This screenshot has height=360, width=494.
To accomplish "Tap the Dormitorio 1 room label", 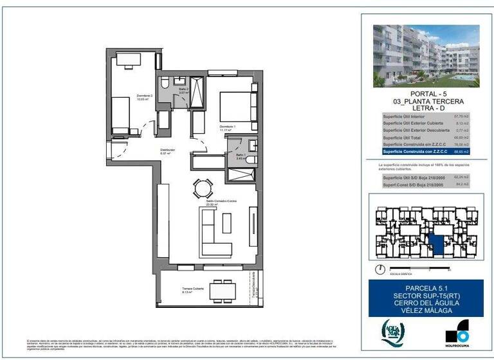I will [228, 128].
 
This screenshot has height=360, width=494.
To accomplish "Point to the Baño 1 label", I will [241, 156].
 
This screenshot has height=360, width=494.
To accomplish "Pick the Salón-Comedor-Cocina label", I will [221, 203].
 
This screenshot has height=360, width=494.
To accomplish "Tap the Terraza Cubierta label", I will [192, 290].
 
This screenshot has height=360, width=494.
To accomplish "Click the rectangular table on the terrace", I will [223, 291].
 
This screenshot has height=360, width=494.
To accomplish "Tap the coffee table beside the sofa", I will [226, 222].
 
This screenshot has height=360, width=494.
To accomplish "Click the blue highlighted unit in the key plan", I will [437, 245].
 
